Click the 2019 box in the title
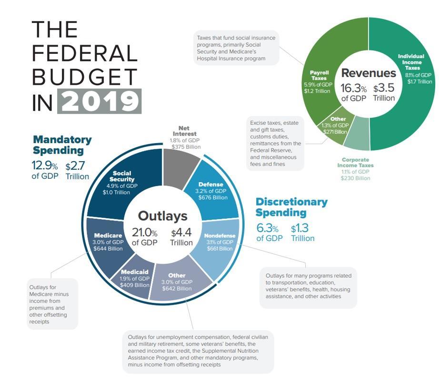[x=99, y=100]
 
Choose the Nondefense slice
[x=219, y=242]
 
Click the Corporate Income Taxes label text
[x=355, y=162]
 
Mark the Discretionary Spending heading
[x=291, y=207]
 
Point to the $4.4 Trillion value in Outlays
[x=181, y=237]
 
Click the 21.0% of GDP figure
[x=144, y=237]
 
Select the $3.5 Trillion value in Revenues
[x=384, y=93]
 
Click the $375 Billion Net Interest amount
[x=184, y=147]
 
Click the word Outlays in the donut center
[x=162, y=216]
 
